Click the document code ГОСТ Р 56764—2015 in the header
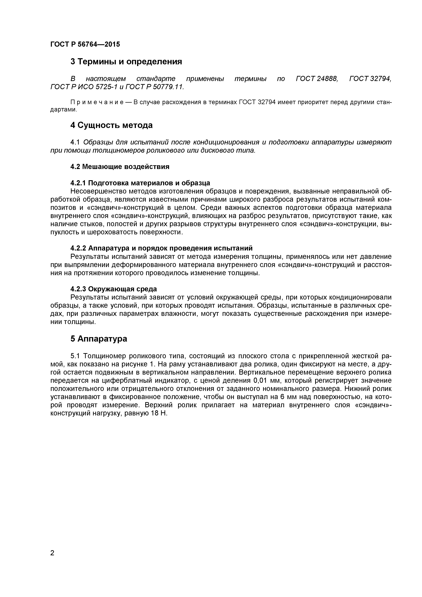point(85,44)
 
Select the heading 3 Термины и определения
point(126,62)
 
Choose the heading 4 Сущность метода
point(111,125)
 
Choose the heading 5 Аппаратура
point(99,338)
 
